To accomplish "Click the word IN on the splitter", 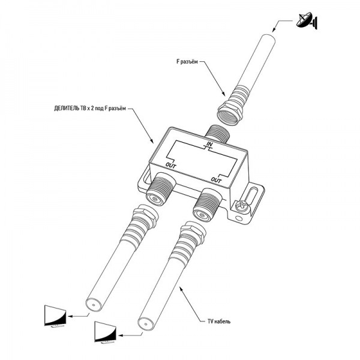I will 209,145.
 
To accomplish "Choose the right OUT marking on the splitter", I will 217,179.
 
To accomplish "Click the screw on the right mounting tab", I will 242,206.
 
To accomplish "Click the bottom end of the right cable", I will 145,324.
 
